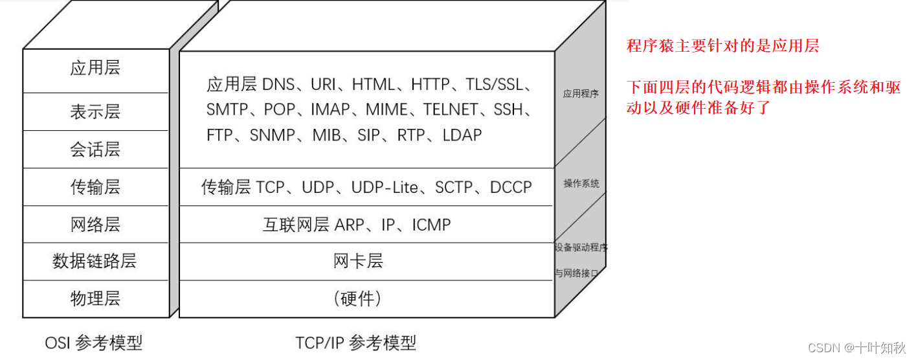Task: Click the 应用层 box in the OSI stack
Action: (x=95, y=69)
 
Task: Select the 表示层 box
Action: (x=95, y=112)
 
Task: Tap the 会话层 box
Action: (x=95, y=150)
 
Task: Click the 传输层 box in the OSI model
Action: (x=95, y=187)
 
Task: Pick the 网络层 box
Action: (x=95, y=225)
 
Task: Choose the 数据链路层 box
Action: (x=95, y=262)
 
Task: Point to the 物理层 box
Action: (x=95, y=298)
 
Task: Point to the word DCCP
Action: (x=511, y=188)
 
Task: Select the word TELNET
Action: (x=451, y=110)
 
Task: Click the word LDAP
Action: (x=462, y=135)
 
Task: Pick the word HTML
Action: (x=374, y=85)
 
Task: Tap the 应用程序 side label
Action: (x=581, y=94)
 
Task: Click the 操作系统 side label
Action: (x=581, y=184)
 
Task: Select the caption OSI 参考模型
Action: (x=94, y=343)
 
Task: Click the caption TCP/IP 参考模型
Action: (x=355, y=343)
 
